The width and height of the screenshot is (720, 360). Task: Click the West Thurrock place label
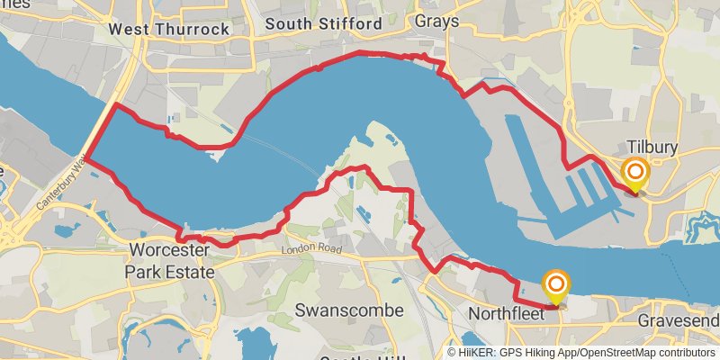pos(168,29)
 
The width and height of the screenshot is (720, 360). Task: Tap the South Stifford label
pos(325,24)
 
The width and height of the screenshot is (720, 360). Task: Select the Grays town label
pos(436,20)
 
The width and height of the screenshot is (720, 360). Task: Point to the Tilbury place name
pos(652,147)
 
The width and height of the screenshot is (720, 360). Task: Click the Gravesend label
pos(679,321)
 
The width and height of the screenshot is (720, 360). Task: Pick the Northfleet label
pos(507,314)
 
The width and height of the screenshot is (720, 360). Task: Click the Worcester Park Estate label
pos(170,260)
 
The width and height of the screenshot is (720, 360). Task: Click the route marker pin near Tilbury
pos(635,173)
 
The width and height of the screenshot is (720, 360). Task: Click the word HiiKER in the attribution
pos(478,352)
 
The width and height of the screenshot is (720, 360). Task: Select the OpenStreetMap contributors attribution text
pos(647,352)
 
